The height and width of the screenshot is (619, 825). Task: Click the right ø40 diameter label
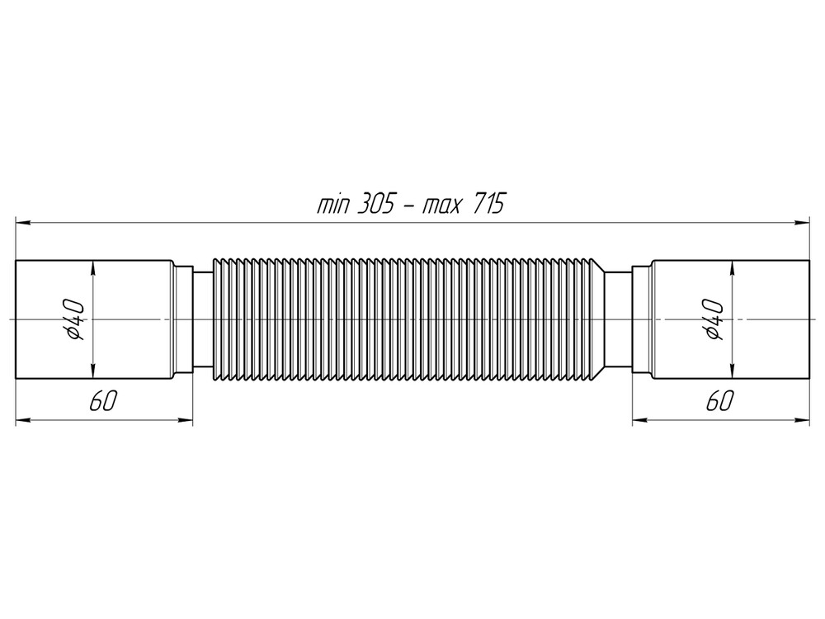point(713,319)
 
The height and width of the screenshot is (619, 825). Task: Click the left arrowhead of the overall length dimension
point(23,222)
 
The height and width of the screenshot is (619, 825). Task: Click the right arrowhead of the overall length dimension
point(802,222)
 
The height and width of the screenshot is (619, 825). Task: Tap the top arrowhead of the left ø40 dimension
point(94,267)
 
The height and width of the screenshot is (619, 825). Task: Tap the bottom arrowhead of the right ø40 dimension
point(731,371)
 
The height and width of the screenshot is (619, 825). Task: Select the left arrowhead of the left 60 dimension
point(23,420)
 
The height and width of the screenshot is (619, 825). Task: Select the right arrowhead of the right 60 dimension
point(802,420)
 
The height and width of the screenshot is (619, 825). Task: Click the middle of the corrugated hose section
point(408,319)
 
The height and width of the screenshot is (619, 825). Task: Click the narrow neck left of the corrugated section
point(202,319)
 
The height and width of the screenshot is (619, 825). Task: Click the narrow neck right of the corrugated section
point(619,319)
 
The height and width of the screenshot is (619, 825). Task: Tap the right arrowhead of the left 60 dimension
point(186,420)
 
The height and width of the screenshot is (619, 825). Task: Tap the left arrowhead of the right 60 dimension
point(639,420)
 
